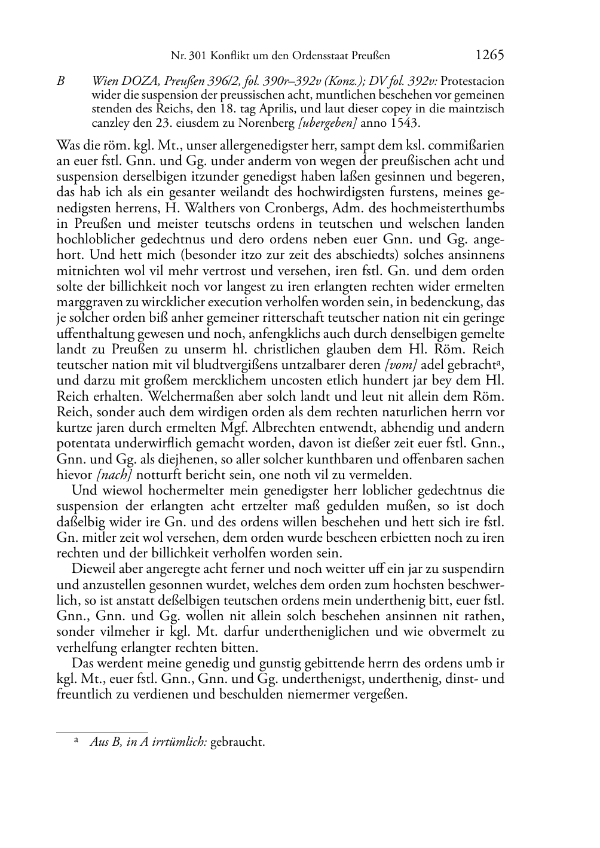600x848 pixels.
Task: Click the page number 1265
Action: (489, 55)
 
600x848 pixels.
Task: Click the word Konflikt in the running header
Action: (226, 56)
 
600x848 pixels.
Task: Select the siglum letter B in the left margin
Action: (60, 81)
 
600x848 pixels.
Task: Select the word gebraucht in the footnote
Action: (237, 742)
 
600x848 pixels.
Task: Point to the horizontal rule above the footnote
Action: (102, 732)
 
